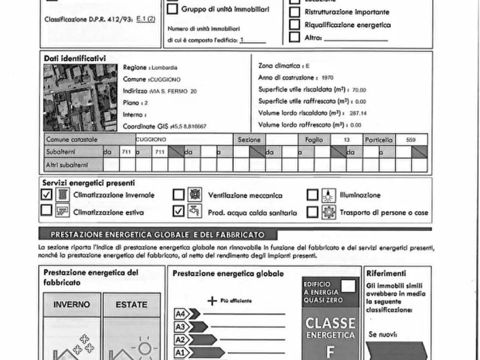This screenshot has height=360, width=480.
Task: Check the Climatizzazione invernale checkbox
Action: tap(47, 195)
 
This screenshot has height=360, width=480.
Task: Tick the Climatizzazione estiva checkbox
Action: tap(47, 211)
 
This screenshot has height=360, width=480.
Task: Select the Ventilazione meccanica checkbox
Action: tap(179, 195)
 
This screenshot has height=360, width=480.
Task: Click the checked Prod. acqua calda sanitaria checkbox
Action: tap(179, 212)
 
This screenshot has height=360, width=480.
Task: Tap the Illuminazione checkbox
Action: tap(312, 195)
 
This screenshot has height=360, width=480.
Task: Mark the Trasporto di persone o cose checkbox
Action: tap(312, 212)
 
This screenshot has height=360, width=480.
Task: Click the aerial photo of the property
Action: tap(80, 98)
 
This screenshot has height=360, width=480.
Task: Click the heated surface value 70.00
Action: tap(359, 90)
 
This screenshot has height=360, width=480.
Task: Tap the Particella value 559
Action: tap(411, 140)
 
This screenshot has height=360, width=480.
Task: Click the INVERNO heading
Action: tap(71, 304)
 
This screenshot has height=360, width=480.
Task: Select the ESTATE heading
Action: tap(131, 304)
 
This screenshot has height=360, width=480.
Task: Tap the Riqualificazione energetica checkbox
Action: tap(295, 25)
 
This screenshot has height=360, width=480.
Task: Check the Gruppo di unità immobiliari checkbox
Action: tap(173, 9)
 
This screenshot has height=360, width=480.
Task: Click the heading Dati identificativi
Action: tap(75, 58)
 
